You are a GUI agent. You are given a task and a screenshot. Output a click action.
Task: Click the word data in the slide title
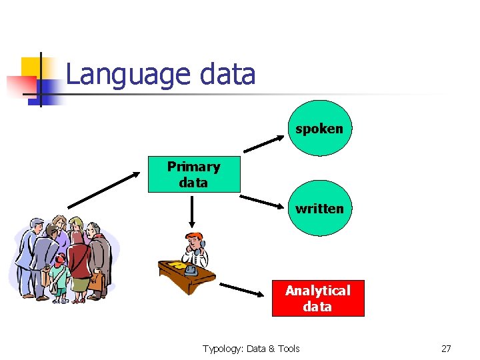click(x=227, y=74)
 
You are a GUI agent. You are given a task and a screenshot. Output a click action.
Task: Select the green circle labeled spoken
click(x=319, y=129)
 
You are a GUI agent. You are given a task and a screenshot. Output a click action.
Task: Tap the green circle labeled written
click(x=319, y=208)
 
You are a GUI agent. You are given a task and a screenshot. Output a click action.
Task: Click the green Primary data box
click(x=193, y=175)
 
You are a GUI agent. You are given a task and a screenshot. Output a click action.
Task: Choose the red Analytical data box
click(x=318, y=299)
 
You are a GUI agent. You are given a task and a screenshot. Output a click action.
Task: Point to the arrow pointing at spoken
click(x=263, y=142)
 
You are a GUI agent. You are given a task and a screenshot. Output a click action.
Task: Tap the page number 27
click(x=446, y=349)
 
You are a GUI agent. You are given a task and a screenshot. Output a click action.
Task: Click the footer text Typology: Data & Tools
click(x=251, y=349)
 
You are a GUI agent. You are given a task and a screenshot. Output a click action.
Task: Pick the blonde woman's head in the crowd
click(x=76, y=224)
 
